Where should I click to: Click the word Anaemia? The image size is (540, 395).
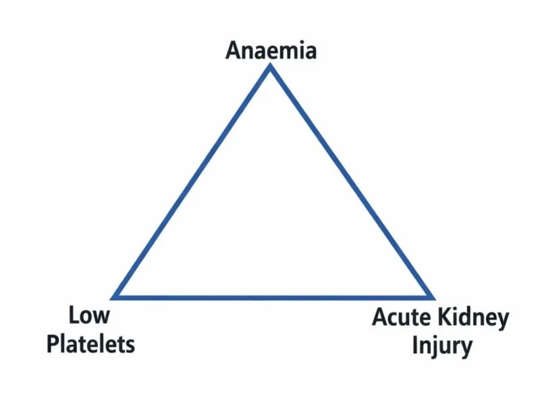[x=271, y=50]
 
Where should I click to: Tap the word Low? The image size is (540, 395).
[x=89, y=315]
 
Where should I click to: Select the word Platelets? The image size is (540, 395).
[x=90, y=344]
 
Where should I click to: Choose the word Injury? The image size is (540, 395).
[x=442, y=346]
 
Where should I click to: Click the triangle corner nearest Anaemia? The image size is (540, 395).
[x=271, y=65]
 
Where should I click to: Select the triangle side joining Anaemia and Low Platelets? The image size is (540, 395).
[x=191, y=182]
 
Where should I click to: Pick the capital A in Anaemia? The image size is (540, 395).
[x=232, y=50]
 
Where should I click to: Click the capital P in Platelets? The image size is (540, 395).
[x=53, y=344]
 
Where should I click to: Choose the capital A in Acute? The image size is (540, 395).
[x=379, y=317]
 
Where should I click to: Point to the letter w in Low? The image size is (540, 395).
[x=102, y=317]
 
